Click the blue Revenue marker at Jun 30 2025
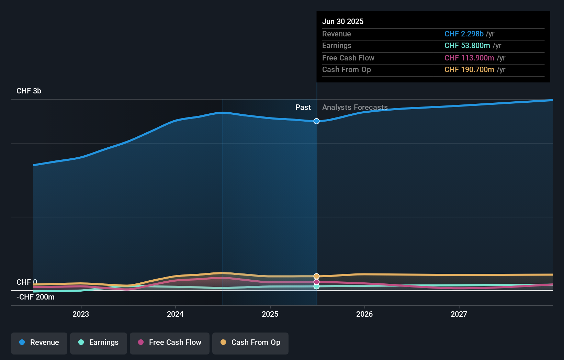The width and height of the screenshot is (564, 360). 316,121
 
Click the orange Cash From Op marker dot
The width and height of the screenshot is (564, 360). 316,276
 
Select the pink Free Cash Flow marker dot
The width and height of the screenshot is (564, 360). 316,282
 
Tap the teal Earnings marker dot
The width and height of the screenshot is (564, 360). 316,286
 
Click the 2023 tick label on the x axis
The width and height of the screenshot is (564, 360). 81,314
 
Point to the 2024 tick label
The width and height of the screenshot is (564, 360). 175,314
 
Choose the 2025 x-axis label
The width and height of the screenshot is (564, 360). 270,314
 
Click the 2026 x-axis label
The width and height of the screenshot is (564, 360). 364,314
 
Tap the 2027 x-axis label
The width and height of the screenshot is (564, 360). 459,314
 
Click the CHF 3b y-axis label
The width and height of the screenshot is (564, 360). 29,91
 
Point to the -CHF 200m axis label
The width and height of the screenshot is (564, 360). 36,297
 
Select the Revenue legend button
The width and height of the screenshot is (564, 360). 39,342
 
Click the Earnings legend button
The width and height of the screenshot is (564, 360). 99,342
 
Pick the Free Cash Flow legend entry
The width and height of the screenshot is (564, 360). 170,342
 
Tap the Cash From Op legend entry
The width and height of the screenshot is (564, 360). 250,342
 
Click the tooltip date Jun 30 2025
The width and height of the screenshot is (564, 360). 343,21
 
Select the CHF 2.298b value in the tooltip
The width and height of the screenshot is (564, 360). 464,34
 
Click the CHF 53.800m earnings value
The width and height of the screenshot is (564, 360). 467,46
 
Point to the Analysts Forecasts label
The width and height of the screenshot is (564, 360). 355,108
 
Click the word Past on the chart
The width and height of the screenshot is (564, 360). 303,108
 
